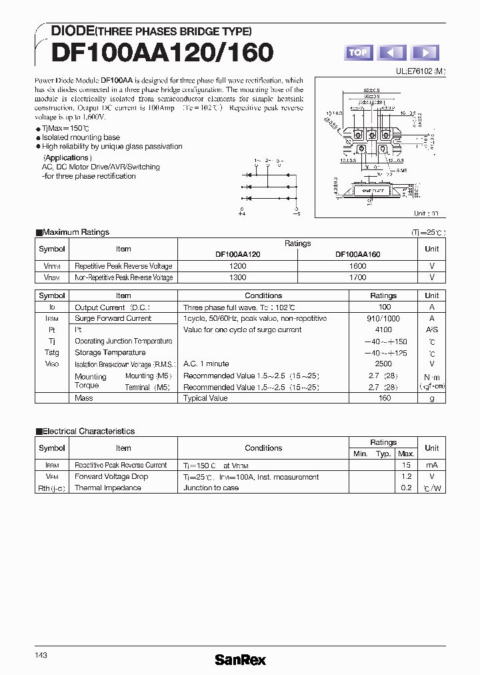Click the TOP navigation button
tap(358, 52)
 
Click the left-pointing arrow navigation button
tap(392, 52)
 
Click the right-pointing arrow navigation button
tap(425, 52)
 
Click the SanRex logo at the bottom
tap(240, 660)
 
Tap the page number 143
tap(41, 637)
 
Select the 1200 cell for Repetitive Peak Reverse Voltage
tap(237, 265)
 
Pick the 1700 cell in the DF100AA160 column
tap(357, 277)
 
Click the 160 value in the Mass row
tap(385, 398)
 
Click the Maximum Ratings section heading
tap(75, 232)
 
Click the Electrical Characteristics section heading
tap(88, 432)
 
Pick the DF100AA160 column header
tap(357, 254)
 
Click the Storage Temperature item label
tap(110, 353)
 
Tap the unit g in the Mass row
tap(432, 398)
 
